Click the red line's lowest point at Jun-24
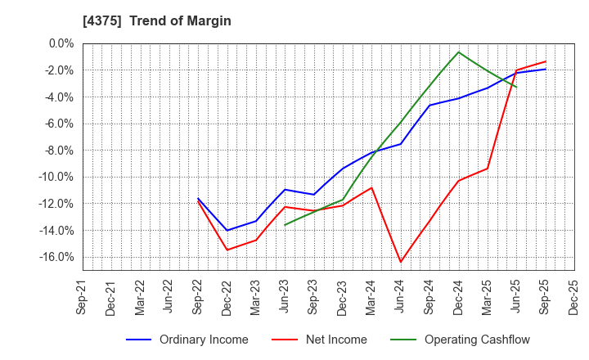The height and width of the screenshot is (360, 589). [401, 263]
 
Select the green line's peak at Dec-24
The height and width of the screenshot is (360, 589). [459, 52]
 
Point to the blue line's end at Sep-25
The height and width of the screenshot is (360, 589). [546, 69]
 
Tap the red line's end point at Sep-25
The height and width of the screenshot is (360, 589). [546, 61]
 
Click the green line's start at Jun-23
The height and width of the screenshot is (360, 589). [285, 225]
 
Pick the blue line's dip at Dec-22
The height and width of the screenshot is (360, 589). [227, 230]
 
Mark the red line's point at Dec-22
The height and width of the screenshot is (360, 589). [227, 250]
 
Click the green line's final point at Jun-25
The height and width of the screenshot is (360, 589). [516, 87]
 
